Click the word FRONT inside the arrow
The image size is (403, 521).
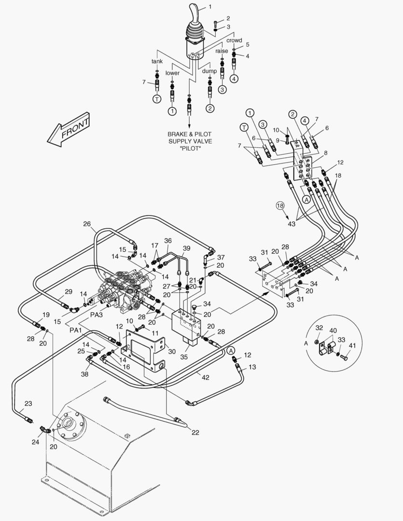75,129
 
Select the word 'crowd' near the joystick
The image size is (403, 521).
234,41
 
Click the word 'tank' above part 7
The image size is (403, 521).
157,61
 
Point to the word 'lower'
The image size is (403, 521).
172,73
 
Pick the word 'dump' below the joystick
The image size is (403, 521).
209,71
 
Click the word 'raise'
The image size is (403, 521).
222,51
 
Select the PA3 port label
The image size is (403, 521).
97,315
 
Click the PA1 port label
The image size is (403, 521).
76,330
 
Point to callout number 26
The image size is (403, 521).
87,223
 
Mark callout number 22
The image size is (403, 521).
195,432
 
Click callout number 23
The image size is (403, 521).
28,404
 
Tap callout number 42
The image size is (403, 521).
206,378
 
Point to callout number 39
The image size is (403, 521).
186,248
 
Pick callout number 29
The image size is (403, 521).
69,292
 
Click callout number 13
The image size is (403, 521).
252,367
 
